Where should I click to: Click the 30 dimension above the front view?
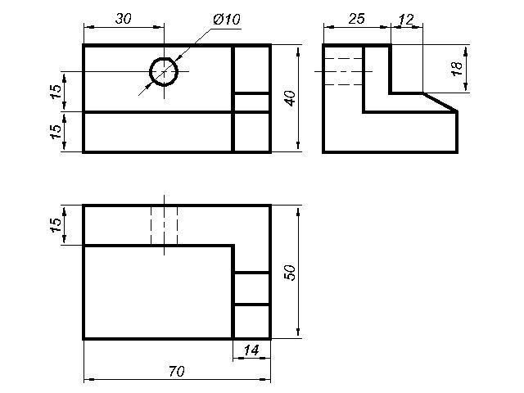(124, 19)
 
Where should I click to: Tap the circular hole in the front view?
(164, 72)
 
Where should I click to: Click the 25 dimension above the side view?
(356, 19)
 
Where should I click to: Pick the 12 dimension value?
(406, 19)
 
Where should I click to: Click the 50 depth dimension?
(290, 272)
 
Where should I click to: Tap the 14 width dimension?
(251, 350)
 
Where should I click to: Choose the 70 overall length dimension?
(176, 371)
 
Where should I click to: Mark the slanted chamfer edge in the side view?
(440, 102)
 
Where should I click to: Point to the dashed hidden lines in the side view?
(344, 71)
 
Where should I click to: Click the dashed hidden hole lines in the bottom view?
(164, 225)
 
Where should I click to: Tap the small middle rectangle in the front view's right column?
(251, 102)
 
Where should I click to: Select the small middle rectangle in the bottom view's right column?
(251, 288)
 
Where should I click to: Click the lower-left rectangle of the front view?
(158, 132)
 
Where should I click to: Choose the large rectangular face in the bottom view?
(158, 291)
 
